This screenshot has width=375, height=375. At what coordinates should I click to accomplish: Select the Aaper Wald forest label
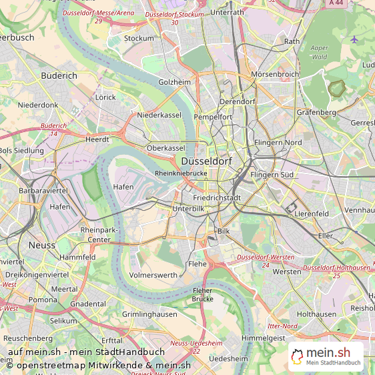tap(320, 53)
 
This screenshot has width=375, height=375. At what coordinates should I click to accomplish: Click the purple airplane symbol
tap(354, 39)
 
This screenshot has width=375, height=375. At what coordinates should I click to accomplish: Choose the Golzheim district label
tap(175, 82)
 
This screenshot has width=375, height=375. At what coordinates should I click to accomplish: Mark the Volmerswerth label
tap(153, 274)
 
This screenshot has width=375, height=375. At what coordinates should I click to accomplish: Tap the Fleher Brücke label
tap(202, 294)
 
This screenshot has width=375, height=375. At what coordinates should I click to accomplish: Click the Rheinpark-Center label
tap(99, 234)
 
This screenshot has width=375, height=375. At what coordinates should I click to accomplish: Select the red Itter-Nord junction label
tap(282, 326)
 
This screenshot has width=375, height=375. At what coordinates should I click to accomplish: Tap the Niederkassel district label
tap(159, 115)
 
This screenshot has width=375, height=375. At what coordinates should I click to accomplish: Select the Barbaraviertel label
tap(43, 190)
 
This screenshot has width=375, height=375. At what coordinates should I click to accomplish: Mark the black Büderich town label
tap(59, 76)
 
